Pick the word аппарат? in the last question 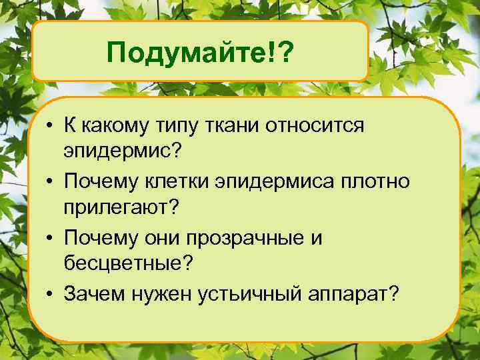pos(355,294)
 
